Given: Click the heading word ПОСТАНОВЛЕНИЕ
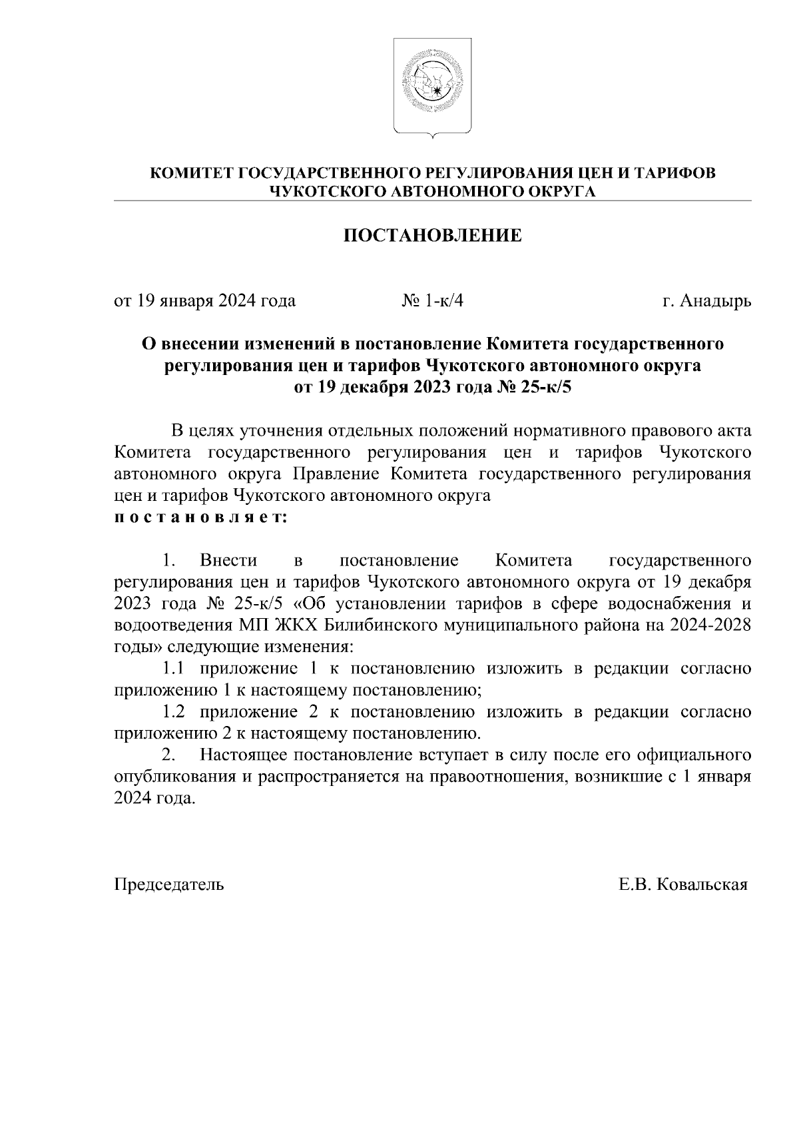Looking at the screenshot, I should pyautogui.click(x=432, y=236).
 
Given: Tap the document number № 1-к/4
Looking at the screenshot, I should pyautogui.click(x=432, y=301).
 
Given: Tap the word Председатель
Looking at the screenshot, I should pyautogui.click(x=169, y=885).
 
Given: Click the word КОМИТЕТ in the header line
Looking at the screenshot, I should pyautogui.click(x=192, y=174).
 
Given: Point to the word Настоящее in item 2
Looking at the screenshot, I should pyautogui.click(x=244, y=755).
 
